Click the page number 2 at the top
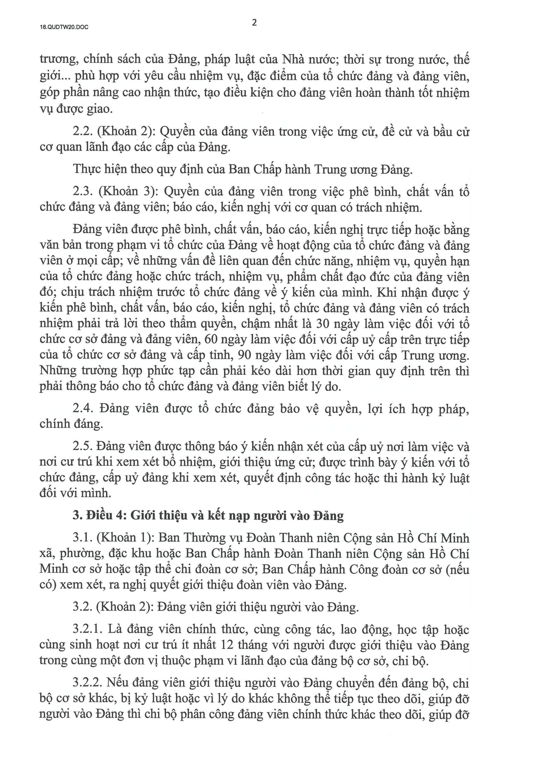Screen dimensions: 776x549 [254, 23]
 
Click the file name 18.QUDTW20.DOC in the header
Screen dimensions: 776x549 [64, 28]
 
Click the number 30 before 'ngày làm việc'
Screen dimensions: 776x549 [323, 324]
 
